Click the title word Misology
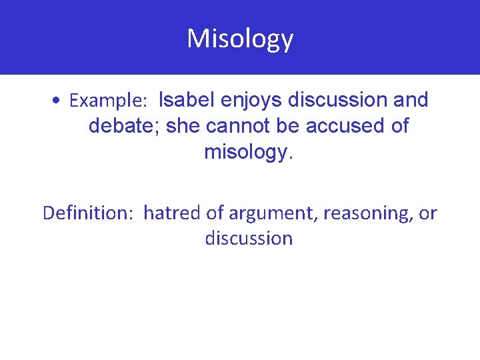[x=240, y=39]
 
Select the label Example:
[x=108, y=101]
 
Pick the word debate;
[x=125, y=126]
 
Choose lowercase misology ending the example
[x=248, y=153]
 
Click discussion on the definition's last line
[x=249, y=238]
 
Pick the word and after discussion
[x=411, y=100]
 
